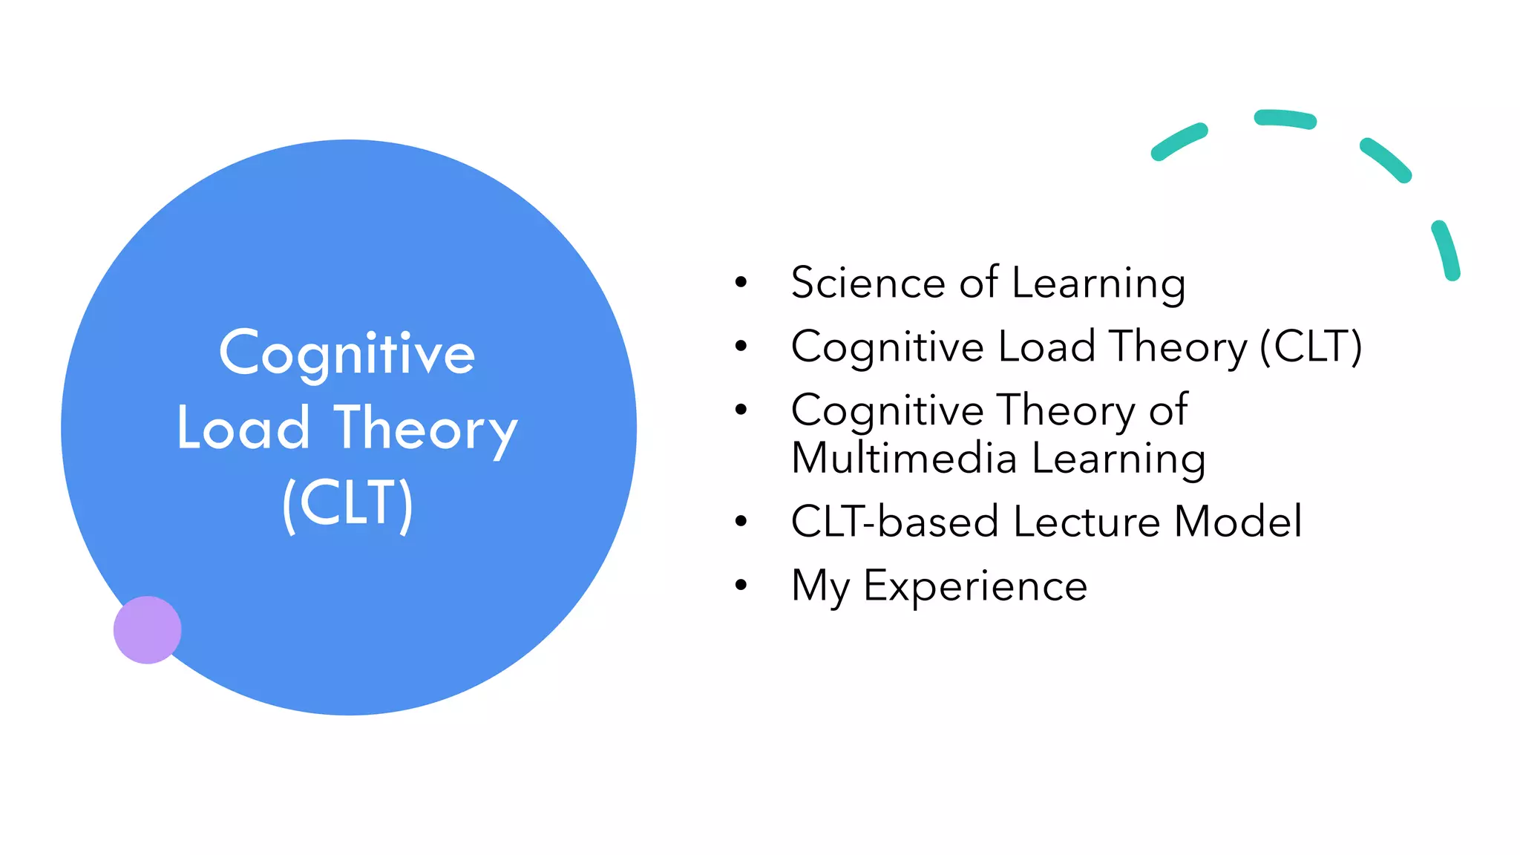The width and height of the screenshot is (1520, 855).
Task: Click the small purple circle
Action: pyautogui.click(x=147, y=629)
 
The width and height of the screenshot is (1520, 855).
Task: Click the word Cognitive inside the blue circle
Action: pyautogui.click(x=347, y=353)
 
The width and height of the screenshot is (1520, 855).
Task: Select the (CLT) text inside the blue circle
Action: pyautogui.click(x=347, y=504)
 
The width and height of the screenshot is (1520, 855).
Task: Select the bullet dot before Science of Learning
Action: pyautogui.click(x=741, y=282)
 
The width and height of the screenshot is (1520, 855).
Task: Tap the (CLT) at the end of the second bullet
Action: pyautogui.click(x=1311, y=347)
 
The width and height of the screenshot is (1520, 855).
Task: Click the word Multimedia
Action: pyautogui.click(x=903, y=458)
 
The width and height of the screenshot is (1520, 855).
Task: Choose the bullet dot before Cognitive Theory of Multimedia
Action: pyautogui.click(x=741, y=410)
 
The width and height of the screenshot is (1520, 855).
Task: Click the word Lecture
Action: pyautogui.click(x=1087, y=521)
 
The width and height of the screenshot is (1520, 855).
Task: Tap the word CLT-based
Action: pyautogui.click(x=894, y=521)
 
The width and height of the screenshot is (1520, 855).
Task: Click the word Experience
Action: pyautogui.click(x=975, y=586)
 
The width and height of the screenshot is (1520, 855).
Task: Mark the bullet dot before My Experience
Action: pyautogui.click(x=741, y=586)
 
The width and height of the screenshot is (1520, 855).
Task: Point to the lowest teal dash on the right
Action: pyautogui.click(x=1446, y=250)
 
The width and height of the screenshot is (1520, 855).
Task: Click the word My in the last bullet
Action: pyautogui.click(x=820, y=586)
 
